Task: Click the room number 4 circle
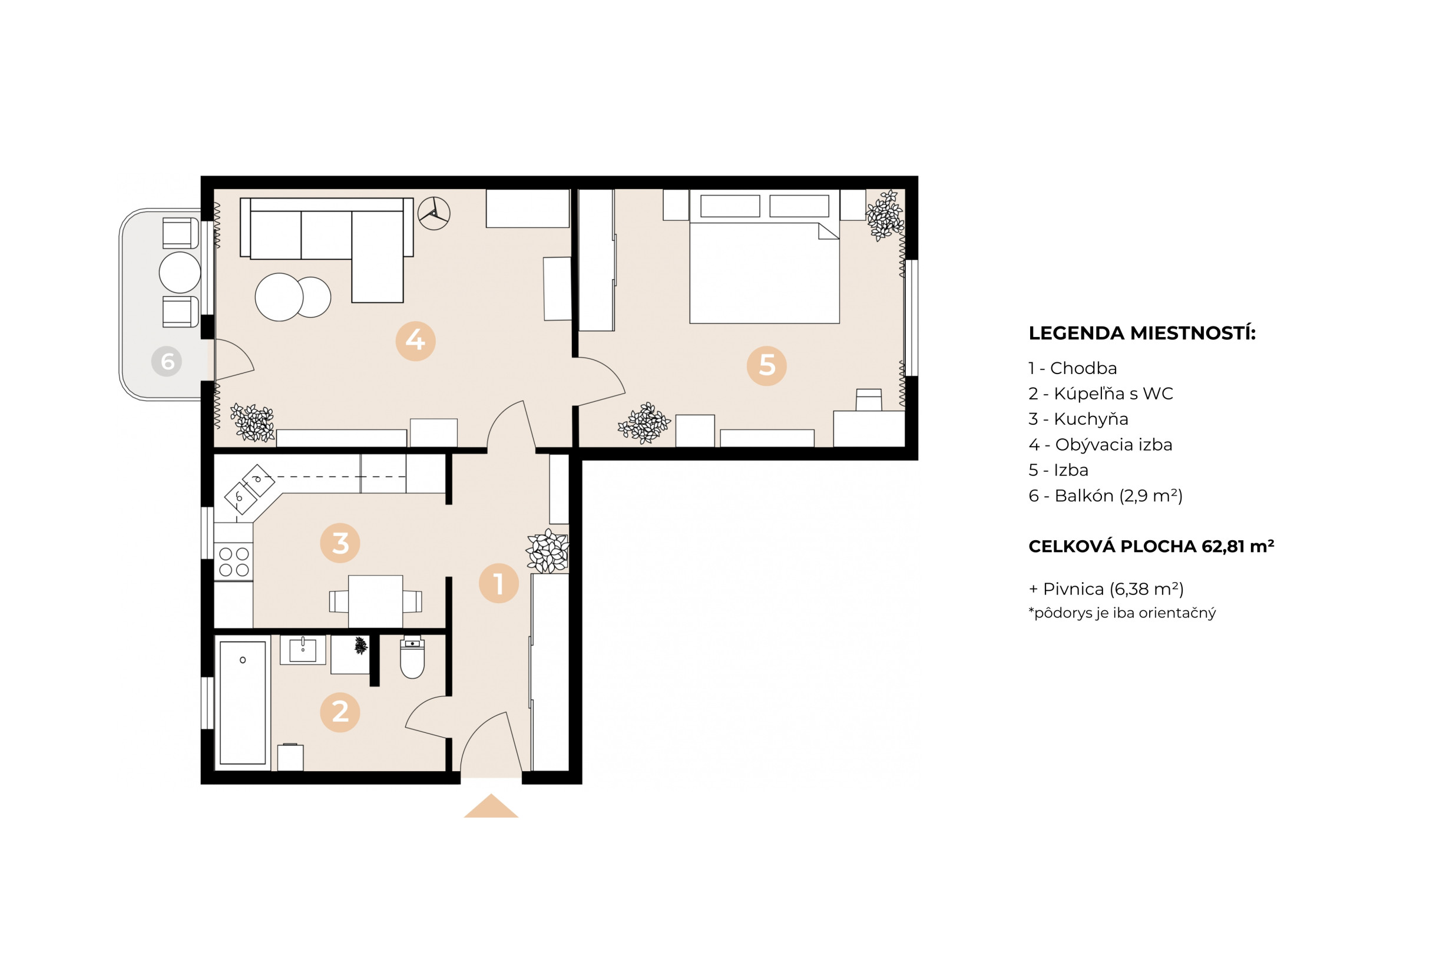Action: click(x=415, y=341)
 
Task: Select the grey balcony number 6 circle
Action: click(x=167, y=361)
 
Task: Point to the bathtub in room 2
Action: click(x=243, y=702)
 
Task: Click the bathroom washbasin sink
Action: click(x=302, y=650)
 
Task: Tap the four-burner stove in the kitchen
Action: click(x=234, y=562)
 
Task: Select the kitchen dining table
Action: click(x=375, y=601)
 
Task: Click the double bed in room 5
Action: click(x=764, y=270)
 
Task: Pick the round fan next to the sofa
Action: click(x=433, y=213)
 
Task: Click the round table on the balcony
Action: click(x=180, y=272)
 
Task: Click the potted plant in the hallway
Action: click(x=547, y=550)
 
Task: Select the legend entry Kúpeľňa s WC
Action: click(x=1100, y=394)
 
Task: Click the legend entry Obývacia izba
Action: click(x=1100, y=445)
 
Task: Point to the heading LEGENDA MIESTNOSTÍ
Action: click(x=1142, y=333)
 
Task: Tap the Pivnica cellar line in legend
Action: click(x=1106, y=589)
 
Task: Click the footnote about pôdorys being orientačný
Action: click(x=1121, y=613)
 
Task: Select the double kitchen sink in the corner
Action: click(x=249, y=488)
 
